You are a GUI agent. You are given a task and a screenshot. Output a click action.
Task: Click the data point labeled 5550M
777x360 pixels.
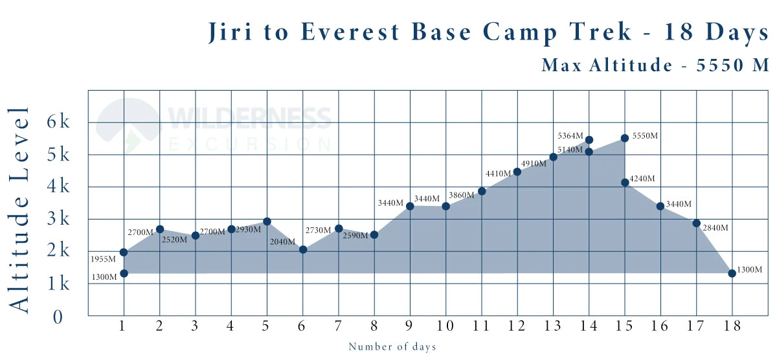(x=625, y=138)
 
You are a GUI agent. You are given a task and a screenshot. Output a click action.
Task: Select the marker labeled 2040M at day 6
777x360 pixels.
(x=302, y=249)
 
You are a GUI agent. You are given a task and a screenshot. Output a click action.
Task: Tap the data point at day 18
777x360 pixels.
(x=732, y=273)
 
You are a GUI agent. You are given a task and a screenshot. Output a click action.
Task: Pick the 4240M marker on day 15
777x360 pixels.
(x=625, y=183)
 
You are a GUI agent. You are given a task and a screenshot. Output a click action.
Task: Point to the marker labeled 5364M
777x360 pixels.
(x=589, y=140)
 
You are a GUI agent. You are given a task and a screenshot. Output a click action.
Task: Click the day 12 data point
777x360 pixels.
(x=517, y=172)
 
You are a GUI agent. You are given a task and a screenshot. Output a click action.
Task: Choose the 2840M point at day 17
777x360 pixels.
(x=697, y=223)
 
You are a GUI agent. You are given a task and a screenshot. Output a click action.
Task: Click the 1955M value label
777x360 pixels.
(x=104, y=259)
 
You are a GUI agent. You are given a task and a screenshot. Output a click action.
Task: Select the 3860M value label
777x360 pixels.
(x=463, y=195)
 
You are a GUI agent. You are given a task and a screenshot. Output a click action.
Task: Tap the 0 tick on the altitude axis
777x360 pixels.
(x=58, y=317)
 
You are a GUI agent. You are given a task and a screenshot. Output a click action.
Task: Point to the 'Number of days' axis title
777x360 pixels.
(x=392, y=347)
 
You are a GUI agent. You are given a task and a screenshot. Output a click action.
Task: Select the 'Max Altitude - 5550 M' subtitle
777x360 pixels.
(x=655, y=65)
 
